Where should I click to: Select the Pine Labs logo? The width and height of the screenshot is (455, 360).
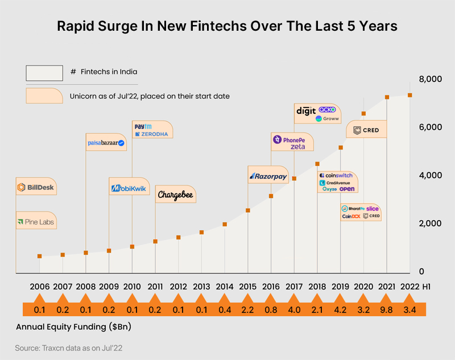point(36,221)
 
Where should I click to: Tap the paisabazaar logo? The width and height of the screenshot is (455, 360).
point(106,143)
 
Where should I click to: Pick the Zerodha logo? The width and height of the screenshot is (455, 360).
point(152,134)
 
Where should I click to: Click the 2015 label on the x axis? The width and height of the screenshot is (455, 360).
point(247,286)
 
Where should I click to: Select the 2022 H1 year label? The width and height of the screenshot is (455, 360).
point(417,286)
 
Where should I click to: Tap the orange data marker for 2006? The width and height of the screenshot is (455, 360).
point(39,256)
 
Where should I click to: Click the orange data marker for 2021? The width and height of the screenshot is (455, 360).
point(387,97)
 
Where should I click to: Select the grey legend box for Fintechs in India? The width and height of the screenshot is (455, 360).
point(44,73)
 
